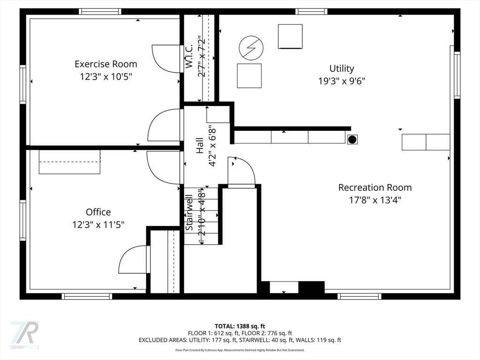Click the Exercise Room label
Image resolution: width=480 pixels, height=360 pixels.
pyautogui.click(x=106, y=64)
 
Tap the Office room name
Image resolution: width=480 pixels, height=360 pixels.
pyautogui.click(x=98, y=212)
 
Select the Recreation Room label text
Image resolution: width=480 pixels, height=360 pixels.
pyautogui.click(x=375, y=187)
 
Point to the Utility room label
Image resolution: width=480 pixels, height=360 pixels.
pyautogui.click(x=342, y=68)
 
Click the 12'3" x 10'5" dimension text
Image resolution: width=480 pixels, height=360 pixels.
pyautogui.click(x=106, y=76)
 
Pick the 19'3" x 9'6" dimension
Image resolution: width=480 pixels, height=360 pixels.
pyautogui.click(x=342, y=81)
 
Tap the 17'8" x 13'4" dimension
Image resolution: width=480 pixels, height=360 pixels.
pyautogui.click(x=375, y=200)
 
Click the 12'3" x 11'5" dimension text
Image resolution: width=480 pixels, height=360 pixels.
pyautogui.click(x=98, y=225)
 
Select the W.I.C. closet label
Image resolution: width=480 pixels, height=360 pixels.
pyautogui.click(x=188, y=56)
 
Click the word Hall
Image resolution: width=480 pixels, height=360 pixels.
pyautogui.click(x=200, y=146)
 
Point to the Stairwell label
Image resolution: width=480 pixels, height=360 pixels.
pyautogui.click(x=189, y=213)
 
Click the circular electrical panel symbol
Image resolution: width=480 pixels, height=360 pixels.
pyautogui.click(x=251, y=48)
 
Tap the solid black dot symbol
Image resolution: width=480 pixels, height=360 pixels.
pyautogui.click(x=352, y=140)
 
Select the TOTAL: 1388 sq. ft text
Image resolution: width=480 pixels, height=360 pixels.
pyautogui.click(x=240, y=326)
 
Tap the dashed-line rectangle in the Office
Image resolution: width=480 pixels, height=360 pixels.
pyautogui.click(x=69, y=162)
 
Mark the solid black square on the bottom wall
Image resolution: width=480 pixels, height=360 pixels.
pyautogui.click(x=311, y=287)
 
